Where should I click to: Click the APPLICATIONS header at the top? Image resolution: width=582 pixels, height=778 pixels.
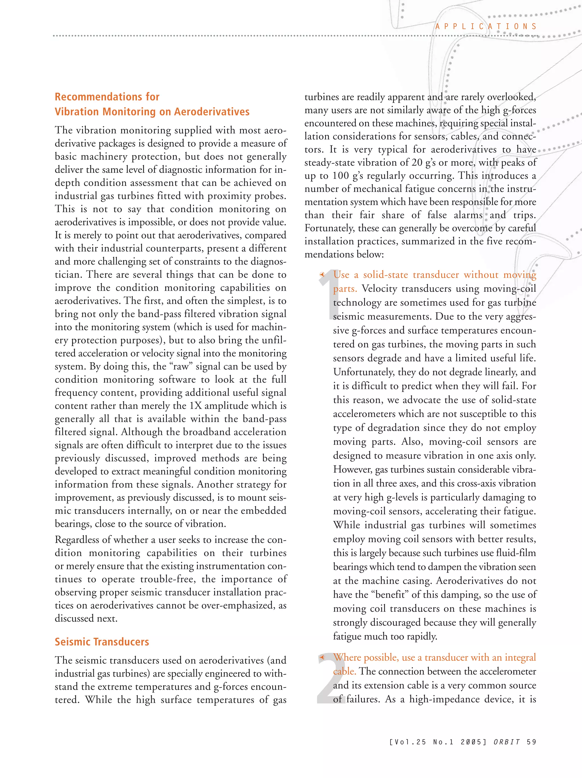tap(486, 26)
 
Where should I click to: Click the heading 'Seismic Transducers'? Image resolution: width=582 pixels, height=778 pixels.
tap(102, 642)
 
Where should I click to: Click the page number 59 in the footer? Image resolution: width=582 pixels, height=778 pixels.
tap(531, 742)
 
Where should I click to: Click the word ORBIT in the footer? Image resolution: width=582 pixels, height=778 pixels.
tap(507, 742)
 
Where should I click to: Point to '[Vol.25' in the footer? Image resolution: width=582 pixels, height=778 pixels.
tap(408, 742)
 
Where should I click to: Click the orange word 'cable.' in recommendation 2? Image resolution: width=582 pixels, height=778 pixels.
tap(345, 672)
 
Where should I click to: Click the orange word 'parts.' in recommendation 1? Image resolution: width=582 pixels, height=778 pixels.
tap(345, 289)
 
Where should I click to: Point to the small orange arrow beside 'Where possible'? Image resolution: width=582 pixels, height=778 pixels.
tap(321, 657)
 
